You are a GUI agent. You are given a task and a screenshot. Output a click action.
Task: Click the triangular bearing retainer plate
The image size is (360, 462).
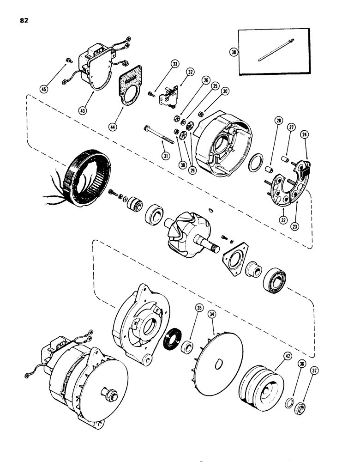(x=239, y=255)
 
